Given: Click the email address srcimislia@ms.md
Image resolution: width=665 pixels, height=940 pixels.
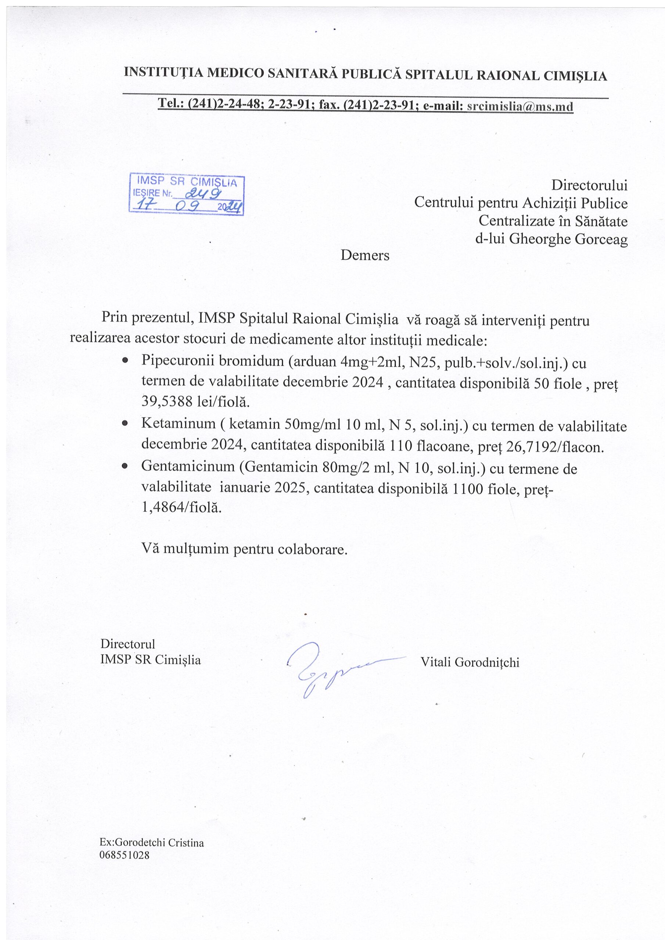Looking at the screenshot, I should [520, 106].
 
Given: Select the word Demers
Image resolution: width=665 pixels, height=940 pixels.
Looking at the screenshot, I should [365, 256].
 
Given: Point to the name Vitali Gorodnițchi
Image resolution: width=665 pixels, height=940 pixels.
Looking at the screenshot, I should [470, 662].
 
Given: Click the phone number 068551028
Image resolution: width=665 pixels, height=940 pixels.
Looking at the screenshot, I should [124, 855].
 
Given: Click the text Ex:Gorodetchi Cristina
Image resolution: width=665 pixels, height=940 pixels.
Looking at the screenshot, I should [152, 843].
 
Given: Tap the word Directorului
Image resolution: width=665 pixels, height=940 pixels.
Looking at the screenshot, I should [589, 185].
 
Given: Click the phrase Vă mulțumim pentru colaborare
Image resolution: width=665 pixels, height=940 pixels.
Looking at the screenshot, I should [244, 549].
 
